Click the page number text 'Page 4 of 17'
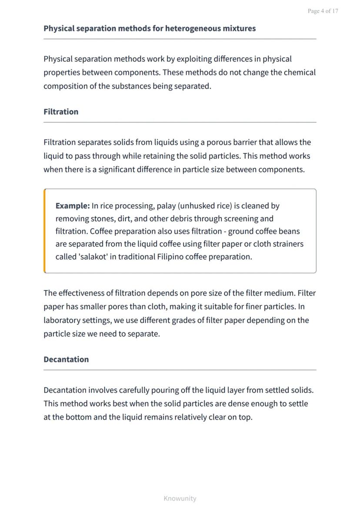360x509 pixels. (323, 11)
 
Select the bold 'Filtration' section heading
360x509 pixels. (61, 112)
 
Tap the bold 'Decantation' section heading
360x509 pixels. (66, 359)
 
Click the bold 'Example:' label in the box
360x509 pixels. (73, 206)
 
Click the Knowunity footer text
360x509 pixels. (180, 499)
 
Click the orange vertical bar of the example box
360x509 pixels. (45, 231)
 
